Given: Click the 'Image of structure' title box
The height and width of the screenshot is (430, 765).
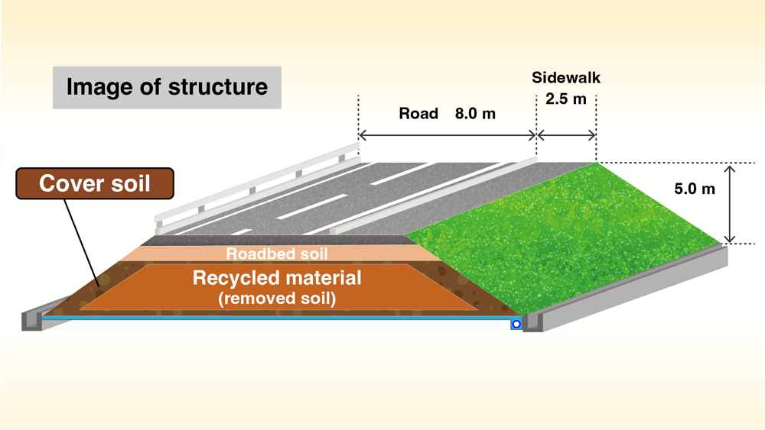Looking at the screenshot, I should pyautogui.click(x=167, y=87).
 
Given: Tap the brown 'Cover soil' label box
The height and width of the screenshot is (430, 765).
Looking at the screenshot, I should pyautogui.click(x=95, y=184).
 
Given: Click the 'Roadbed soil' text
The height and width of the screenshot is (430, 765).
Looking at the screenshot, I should pyautogui.click(x=277, y=254).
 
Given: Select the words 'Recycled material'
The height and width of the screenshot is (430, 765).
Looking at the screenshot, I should pyautogui.click(x=277, y=277).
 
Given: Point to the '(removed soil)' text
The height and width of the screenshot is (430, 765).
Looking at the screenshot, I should pyautogui.click(x=277, y=299).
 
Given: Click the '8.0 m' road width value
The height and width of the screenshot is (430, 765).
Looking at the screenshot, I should pyautogui.click(x=475, y=114).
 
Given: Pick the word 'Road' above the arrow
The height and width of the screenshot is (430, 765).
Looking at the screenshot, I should pyautogui.click(x=418, y=114).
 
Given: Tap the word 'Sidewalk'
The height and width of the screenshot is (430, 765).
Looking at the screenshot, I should pyautogui.click(x=565, y=78).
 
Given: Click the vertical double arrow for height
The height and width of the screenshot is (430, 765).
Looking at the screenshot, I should pyautogui.click(x=731, y=203).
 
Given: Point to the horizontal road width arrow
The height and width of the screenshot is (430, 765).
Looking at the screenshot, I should pyautogui.click(x=447, y=135).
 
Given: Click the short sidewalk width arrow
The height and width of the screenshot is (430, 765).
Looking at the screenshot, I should pyautogui.click(x=566, y=135).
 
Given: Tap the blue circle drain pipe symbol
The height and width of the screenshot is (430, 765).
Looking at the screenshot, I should pyautogui.click(x=516, y=325).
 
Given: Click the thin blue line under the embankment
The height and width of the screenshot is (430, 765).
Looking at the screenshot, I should pyautogui.click(x=275, y=317).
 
